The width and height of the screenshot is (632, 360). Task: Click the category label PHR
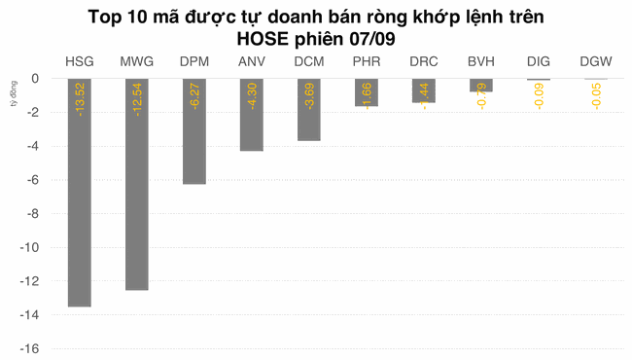tap(367, 61)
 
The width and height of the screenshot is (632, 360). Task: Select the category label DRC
tap(423, 61)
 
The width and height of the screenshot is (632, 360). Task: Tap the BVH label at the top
tap(480, 61)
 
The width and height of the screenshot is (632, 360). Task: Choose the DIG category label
tap(538, 61)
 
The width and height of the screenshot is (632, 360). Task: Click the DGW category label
tap(595, 61)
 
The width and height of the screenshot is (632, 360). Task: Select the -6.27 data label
tap(194, 96)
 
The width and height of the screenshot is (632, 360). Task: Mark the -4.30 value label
tap(252, 96)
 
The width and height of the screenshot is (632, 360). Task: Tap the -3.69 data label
tap(309, 96)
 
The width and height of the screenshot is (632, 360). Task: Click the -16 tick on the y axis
tap(31, 349)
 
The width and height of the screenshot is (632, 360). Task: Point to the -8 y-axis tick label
tap(34, 214)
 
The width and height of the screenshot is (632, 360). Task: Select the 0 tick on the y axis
tap(36, 79)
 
